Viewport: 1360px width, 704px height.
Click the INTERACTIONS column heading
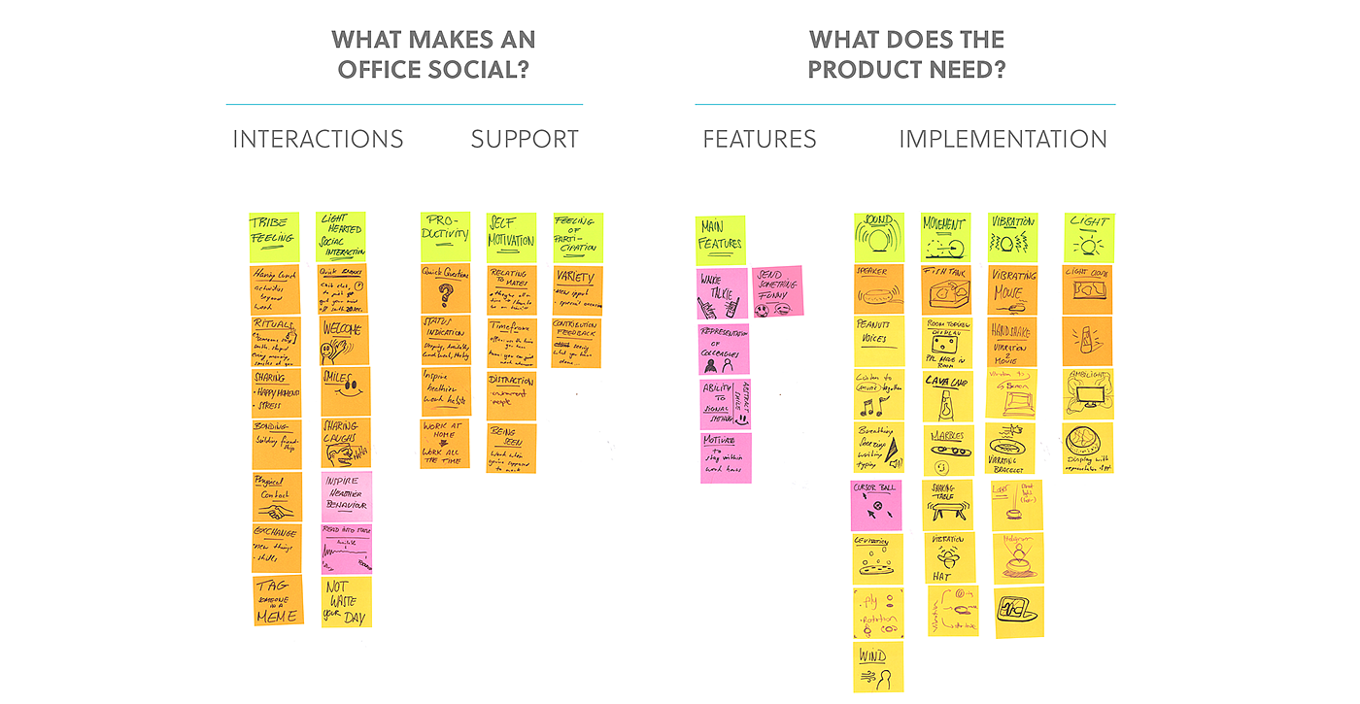point(318,140)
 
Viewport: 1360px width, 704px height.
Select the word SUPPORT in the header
point(525,140)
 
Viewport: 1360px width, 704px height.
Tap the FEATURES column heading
point(760,140)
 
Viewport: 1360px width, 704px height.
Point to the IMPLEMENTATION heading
point(1003,140)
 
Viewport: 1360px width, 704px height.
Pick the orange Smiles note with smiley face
point(345,392)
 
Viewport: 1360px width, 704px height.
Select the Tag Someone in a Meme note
point(278,600)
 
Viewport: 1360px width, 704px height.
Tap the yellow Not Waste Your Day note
point(347,601)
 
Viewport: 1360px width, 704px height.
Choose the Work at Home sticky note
point(445,444)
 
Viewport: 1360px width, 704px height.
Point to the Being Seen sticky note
point(511,448)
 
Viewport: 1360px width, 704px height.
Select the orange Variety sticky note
point(577,289)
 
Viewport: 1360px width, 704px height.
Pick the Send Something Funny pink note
point(777,291)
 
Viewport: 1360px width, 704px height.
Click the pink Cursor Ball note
point(876,505)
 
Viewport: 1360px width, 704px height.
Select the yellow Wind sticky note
point(878,666)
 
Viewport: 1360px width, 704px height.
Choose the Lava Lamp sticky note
point(946,394)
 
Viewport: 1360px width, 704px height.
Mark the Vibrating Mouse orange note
point(1012,289)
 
